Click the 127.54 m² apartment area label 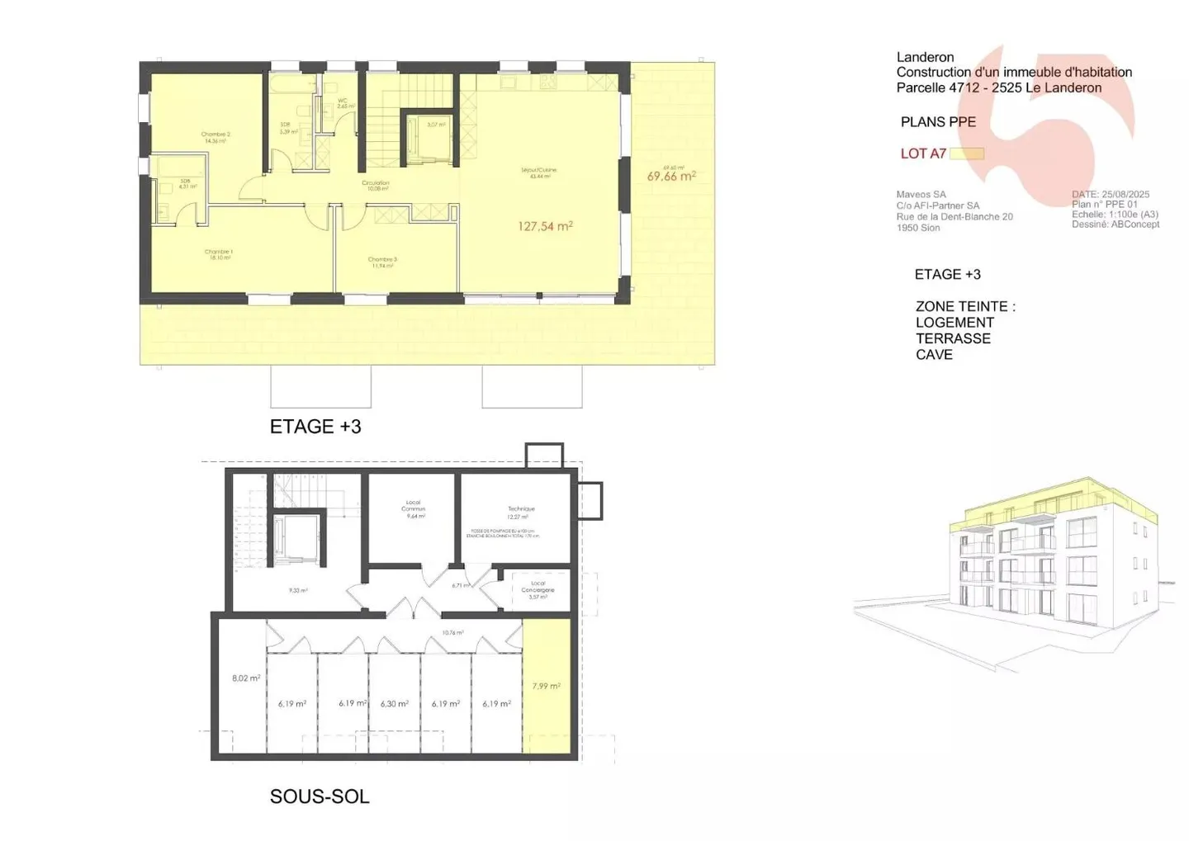coord(545,226)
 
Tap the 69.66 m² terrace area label coord(671,176)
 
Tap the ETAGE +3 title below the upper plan coord(315,427)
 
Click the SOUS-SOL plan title coord(320,796)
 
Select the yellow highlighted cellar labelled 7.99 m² coord(547,686)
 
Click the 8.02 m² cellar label coord(246,678)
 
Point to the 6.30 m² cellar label coord(395,704)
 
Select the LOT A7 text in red coord(923,154)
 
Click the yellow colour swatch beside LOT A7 coord(966,154)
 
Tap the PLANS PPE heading coord(938,122)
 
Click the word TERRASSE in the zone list coord(953,338)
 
